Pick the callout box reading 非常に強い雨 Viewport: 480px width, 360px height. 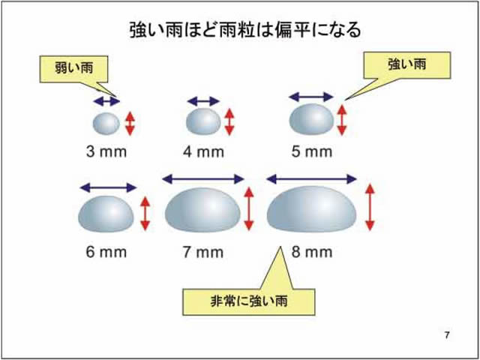coord(249,301)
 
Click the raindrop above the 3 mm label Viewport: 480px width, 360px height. coord(105,122)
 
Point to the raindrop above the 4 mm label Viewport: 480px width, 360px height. coord(202,120)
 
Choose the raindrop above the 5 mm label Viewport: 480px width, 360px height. coord(312,118)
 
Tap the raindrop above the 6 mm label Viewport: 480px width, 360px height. coord(106,213)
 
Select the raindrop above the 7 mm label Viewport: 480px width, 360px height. coord(203,211)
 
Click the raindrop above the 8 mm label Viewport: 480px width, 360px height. coord(312,209)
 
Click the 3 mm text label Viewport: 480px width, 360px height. coord(106,153)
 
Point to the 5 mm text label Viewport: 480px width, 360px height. coord(311,153)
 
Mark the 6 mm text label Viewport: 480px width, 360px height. coord(106,252)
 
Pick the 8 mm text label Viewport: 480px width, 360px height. coord(311,252)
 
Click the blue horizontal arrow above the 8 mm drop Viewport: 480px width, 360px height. coord(312,178)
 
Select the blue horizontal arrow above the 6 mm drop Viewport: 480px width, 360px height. coord(108,187)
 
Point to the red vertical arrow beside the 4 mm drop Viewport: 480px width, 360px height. coord(229,121)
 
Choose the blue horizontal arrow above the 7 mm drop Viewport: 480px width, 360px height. coord(203,178)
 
